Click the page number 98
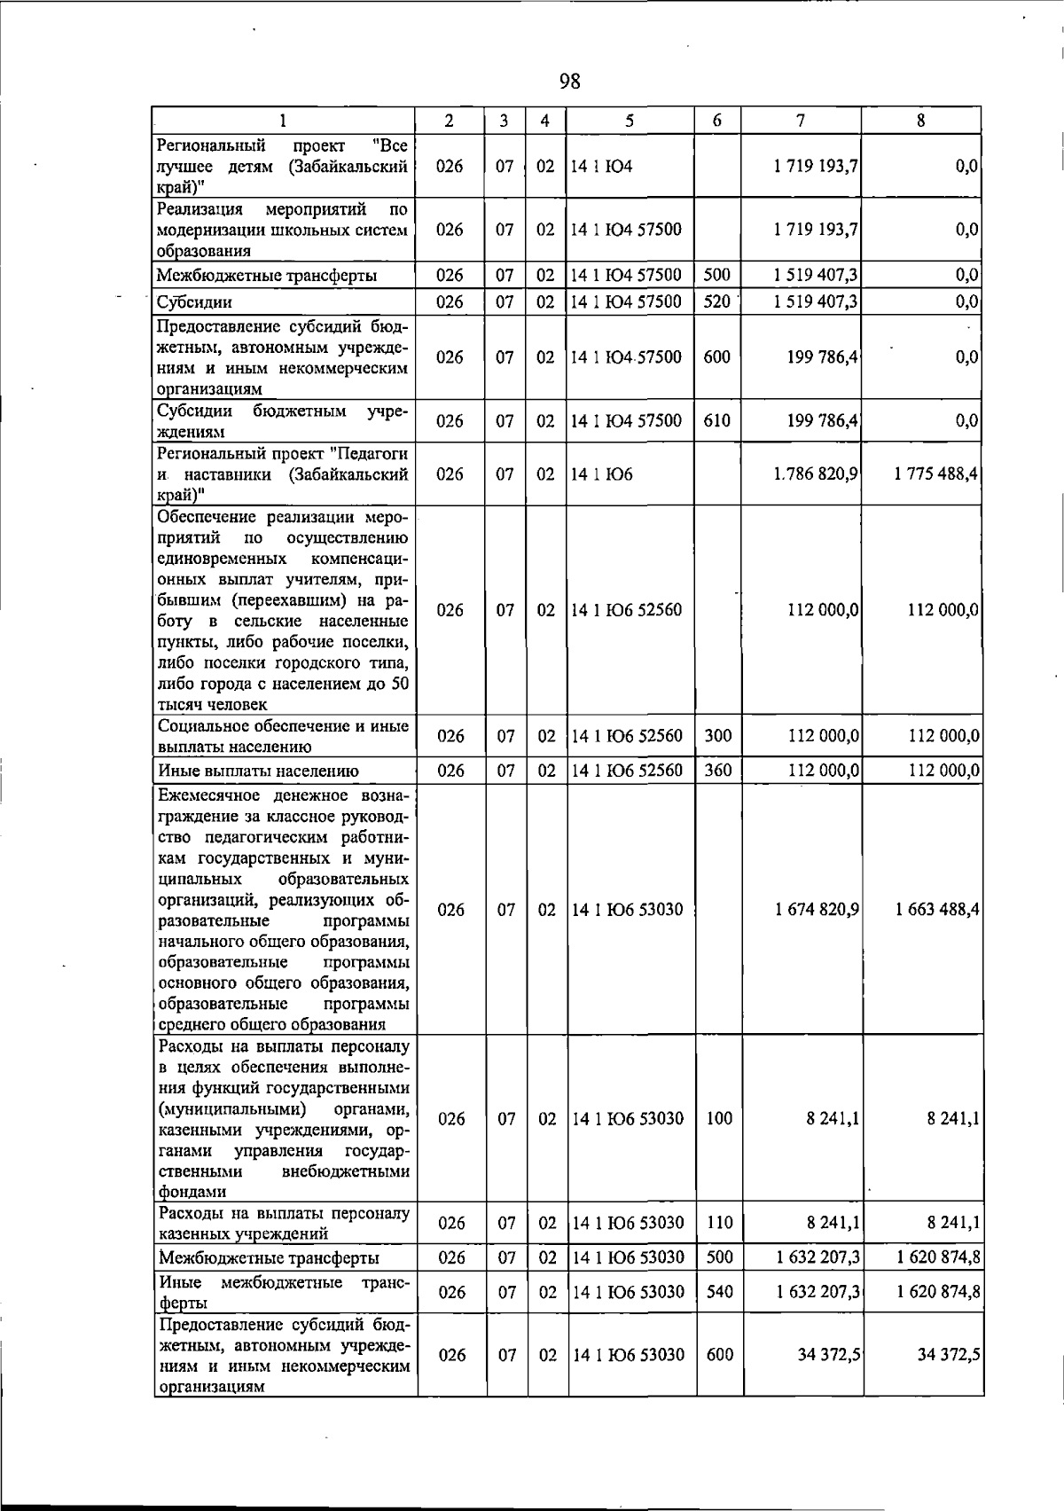570,82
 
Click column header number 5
629,121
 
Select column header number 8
921,121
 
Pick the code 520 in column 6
716,301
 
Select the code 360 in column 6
717,771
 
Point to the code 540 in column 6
719,1292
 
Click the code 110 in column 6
719,1223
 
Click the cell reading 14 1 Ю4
602,166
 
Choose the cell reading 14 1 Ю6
602,474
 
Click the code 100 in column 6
719,1119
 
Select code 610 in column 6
716,421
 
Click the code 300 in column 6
717,736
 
